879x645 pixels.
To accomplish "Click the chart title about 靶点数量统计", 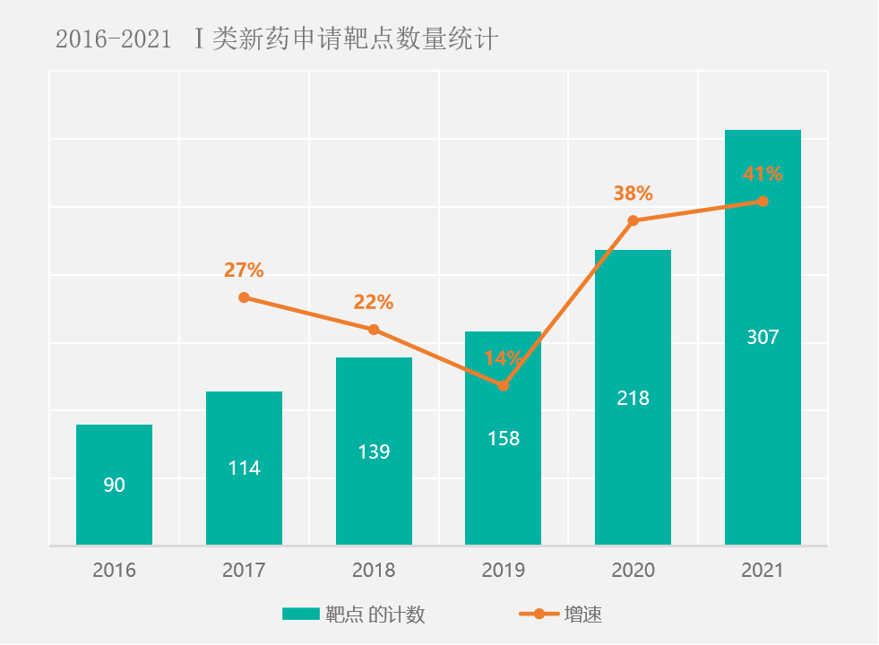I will pyautogui.click(x=276, y=40).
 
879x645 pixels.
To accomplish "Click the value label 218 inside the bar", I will pyautogui.click(x=633, y=399).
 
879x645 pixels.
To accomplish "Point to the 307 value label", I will pyautogui.click(x=763, y=338).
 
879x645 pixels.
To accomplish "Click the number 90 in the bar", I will pyautogui.click(x=114, y=486).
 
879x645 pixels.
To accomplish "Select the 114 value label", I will pyautogui.click(x=244, y=468).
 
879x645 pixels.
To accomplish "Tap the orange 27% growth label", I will pyautogui.click(x=244, y=270).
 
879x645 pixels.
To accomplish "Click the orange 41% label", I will pyautogui.click(x=763, y=174).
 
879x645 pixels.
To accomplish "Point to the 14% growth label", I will pyautogui.click(x=503, y=358).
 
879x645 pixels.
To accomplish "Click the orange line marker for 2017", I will pyautogui.click(x=244, y=297).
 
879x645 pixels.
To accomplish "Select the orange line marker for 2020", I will pyautogui.click(x=633, y=220).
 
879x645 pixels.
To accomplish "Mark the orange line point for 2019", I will pyautogui.click(x=503, y=385).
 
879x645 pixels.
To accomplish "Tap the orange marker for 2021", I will pyautogui.click(x=763, y=202).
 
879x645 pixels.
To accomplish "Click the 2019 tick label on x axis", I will pyautogui.click(x=503, y=570).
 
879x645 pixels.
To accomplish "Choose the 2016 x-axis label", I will pyautogui.click(x=114, y=570).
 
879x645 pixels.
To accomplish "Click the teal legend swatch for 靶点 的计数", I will pyautogui.click(x=300, y=615).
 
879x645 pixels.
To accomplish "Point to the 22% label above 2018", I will pyautogui.click(x=374, y=302).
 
